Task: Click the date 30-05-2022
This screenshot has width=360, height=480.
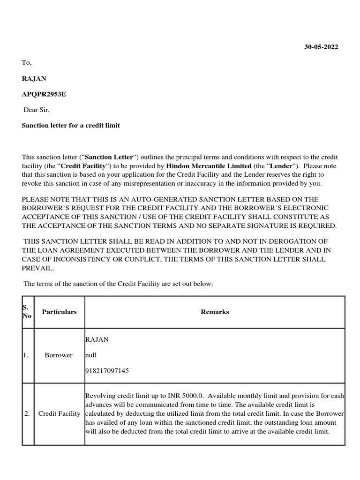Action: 321,47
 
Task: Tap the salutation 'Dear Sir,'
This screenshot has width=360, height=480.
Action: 37,110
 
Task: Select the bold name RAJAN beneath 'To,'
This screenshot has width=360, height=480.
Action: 34,78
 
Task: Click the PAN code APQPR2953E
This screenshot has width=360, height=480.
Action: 44,94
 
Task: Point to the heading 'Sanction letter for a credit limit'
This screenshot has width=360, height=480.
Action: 71,126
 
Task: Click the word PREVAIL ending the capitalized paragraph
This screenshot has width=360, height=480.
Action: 38,269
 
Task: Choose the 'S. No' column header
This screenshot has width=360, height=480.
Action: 27,312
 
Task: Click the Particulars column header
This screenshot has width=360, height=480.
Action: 59,312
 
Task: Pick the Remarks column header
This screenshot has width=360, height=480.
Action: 215,312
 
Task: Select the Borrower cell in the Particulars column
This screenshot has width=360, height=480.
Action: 59,355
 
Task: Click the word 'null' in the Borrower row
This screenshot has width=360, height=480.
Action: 90,355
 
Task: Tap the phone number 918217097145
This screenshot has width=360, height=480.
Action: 107,371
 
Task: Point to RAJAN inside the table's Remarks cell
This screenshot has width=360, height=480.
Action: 97,339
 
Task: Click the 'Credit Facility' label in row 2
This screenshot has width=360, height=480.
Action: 59,414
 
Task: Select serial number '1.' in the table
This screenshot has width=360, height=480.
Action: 26,355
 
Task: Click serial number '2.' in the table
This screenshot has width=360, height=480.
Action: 27,414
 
